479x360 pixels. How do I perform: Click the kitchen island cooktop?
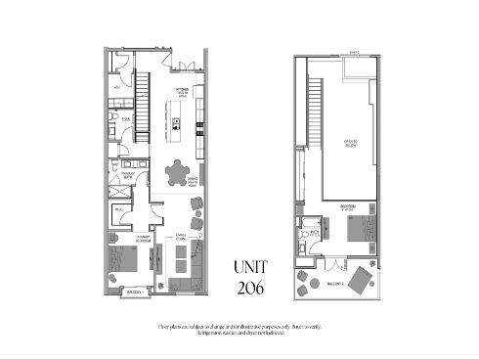click(176, 122)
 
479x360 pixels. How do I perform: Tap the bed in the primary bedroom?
click(123, 261)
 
